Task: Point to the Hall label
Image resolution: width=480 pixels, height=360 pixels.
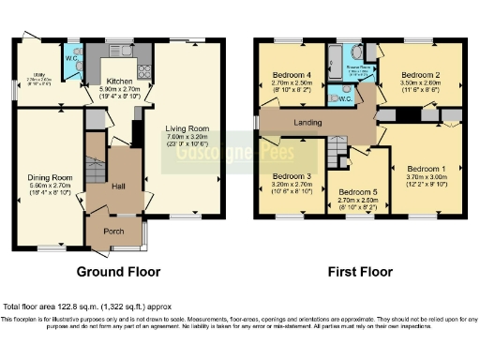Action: pyautogui.click(x=118, y=186)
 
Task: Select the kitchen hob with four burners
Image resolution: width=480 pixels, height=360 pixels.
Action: pyautogui.click(x=144, y=69)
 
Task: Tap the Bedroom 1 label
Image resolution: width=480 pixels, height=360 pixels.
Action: pyautogui.click(x=427, y=169)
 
